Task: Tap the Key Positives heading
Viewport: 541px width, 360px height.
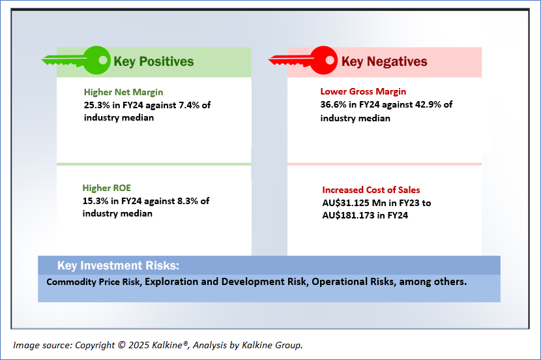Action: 153,62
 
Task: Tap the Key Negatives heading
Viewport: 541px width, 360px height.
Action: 384,62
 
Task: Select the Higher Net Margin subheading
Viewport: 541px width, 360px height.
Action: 123,92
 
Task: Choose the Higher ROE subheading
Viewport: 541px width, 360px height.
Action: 106,188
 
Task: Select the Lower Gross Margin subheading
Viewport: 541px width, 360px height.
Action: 363,92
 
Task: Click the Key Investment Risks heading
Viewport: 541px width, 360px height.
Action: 117,265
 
